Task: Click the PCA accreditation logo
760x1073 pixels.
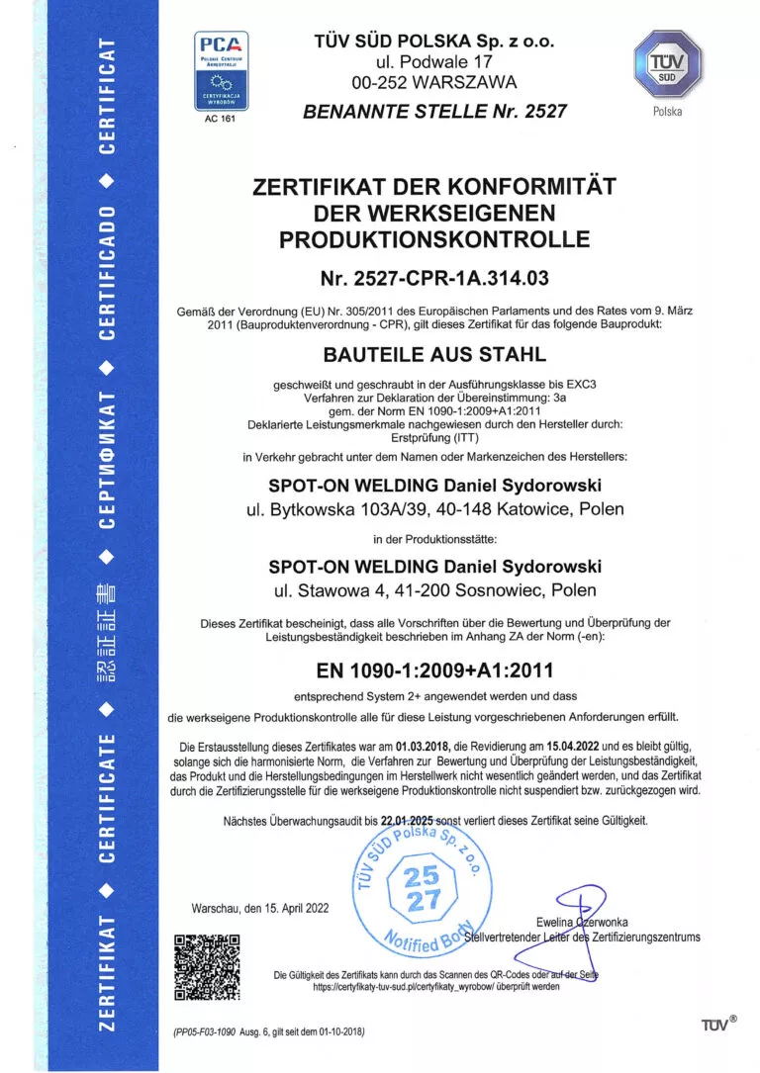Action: click(221, 75)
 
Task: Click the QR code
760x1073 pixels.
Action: click(208, 966)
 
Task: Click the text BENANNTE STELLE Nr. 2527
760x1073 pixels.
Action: click(434, 111)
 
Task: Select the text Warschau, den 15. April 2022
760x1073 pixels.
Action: click(260, 908)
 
